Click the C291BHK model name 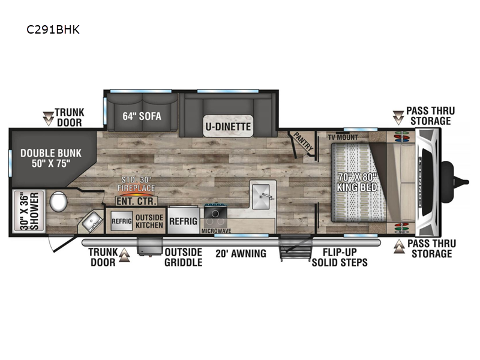coord(53,29)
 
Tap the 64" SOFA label coord(142,116)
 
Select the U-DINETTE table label coord(228,126)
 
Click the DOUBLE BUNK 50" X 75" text coord(51,158)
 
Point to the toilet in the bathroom coord(58,201)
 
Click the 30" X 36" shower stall coord(29,211)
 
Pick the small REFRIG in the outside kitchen coord(122,221)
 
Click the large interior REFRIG coord(184,221)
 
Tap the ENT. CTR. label coord(137,201)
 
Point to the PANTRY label coord(304,142)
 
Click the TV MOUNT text coord(343,137)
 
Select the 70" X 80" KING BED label coord(357,182)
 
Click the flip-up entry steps coord(295,248)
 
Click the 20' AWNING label coord(241,253)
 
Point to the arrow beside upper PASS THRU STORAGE coord(398,118)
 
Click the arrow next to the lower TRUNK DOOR coord(124,256)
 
